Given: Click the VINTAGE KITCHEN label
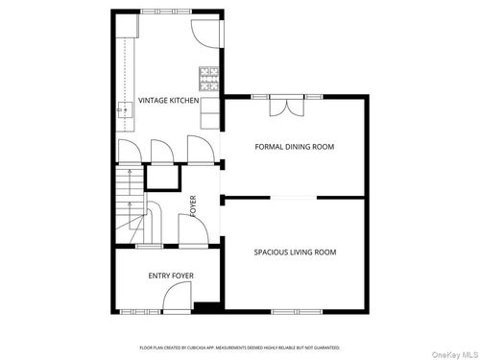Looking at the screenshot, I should click(x=169, y=101).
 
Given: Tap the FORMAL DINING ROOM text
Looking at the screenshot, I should click(x=295, y=147).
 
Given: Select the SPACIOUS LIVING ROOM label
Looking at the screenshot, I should click(x=295, y=252).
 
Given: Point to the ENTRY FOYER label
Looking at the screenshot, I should click(x=171, y=276).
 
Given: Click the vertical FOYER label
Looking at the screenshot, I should click(x=193, y=206).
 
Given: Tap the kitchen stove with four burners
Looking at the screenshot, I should click(x=207, y=73).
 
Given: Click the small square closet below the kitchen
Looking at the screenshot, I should click(x=167, y=179).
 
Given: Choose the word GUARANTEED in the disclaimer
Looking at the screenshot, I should click(x=322, y=348).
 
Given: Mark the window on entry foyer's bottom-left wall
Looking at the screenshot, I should click(x=134, y=310).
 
